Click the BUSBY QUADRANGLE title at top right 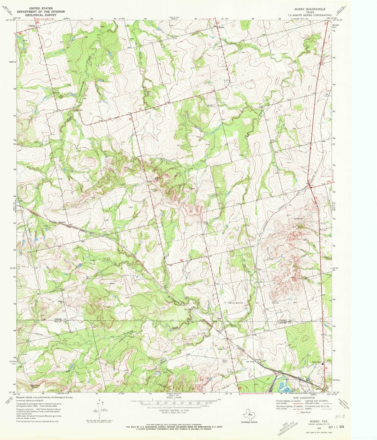[x=310, y=9]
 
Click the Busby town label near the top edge [x=221, y=27]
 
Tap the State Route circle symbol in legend [x=298, y=412]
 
